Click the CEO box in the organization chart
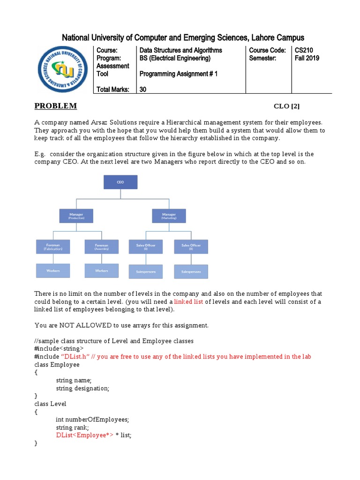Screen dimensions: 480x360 [x=120, y=182]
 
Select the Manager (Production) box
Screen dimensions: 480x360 [x=76, y=216]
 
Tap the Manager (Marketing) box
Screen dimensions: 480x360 [x=169, y=216]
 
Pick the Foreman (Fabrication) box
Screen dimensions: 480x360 [x=53, y=247]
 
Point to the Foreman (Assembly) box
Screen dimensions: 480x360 [x=101, y=247]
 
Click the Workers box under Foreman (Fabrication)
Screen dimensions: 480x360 [x=53, y=270]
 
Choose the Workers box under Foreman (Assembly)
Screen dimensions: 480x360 [x=101, y=270]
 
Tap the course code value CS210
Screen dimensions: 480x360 [x=304, y=50]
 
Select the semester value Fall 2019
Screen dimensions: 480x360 [x=307, y=58]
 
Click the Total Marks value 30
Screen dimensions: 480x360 [x=143, y=90]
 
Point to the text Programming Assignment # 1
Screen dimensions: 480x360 [x=178, y=74]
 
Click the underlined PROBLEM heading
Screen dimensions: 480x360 [x=55, y=106]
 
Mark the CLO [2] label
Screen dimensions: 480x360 [x=286, y=106]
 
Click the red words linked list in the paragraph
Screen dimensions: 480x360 [x=188, y=301]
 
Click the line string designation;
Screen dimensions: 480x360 [x=82, y=388]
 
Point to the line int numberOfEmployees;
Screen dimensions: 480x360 [x=92, y=419]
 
